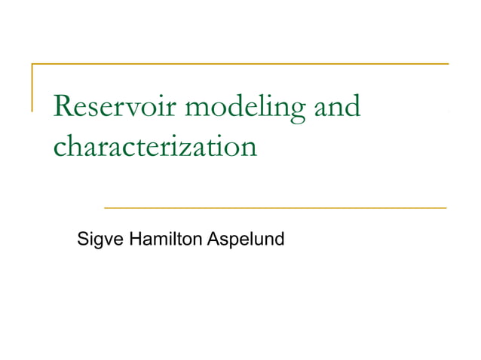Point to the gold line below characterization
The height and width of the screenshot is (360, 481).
coord(274,206)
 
